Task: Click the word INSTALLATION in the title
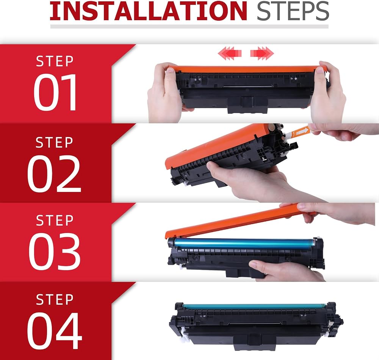148,11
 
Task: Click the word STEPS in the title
293,11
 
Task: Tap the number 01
55,92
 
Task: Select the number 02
54,173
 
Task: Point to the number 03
54,251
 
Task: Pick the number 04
54,330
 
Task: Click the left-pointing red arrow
230,53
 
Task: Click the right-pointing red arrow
262,53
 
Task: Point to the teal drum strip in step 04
255,306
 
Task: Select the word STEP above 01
55,61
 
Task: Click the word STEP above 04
55,300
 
